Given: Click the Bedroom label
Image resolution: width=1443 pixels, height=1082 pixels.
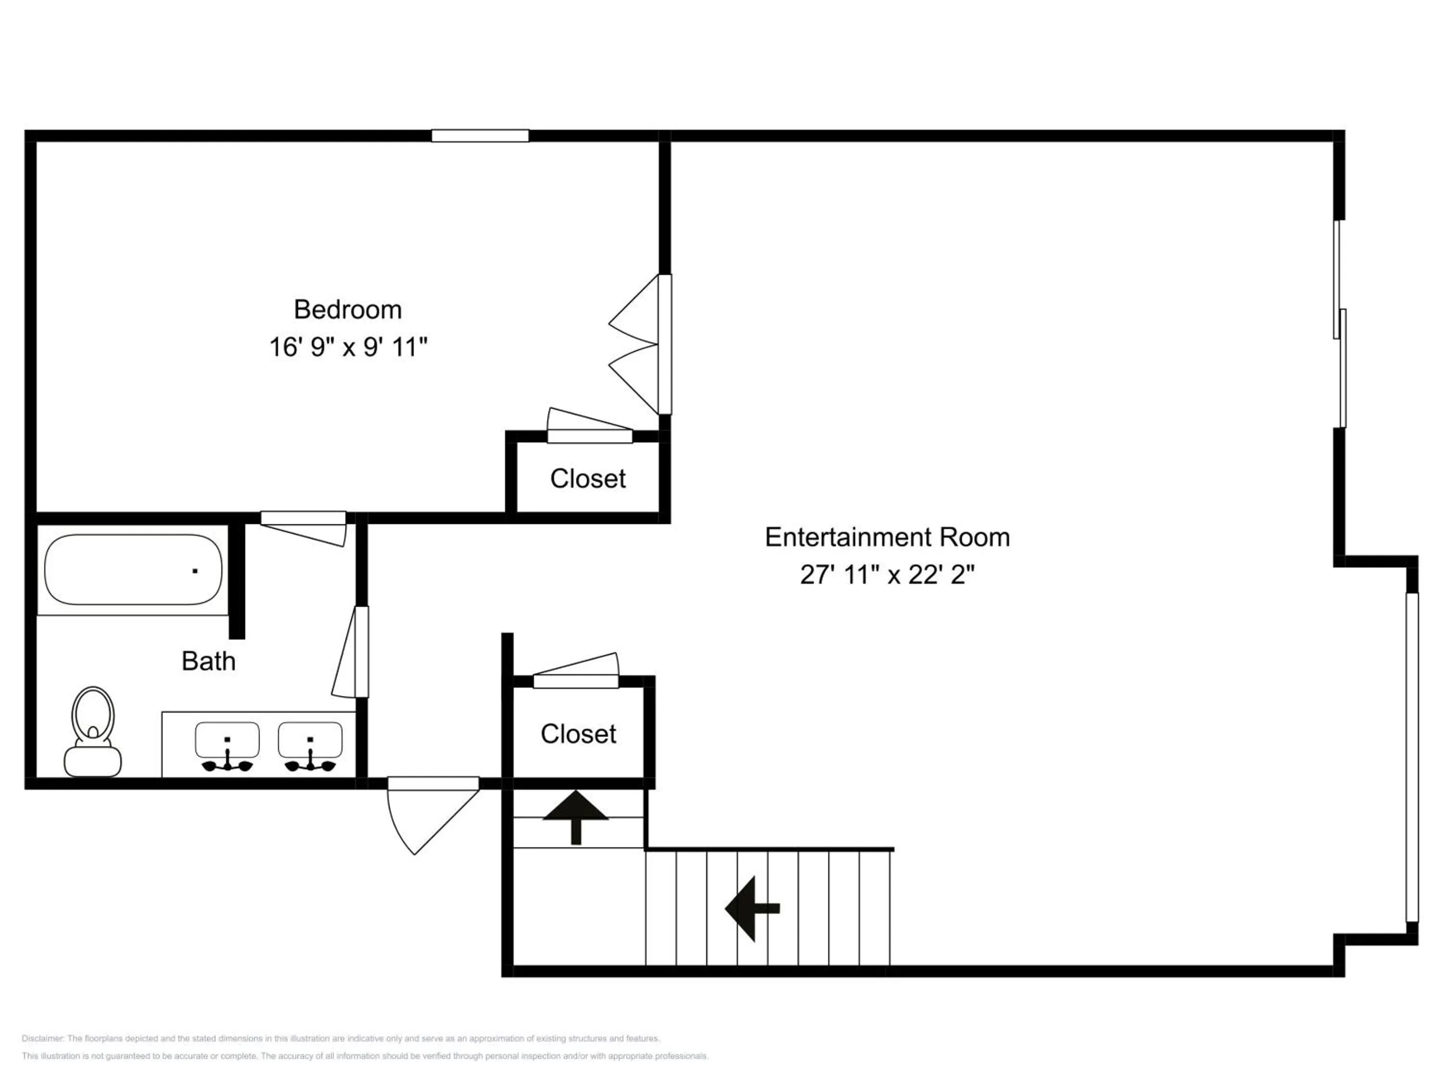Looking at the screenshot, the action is (348, 310).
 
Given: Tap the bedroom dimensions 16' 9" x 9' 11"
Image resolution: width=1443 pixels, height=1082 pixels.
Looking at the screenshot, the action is (348, 347).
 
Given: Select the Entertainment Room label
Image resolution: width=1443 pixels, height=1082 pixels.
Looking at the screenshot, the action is (887, 538).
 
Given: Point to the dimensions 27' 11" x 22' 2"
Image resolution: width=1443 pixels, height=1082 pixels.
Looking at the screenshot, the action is (887, 575).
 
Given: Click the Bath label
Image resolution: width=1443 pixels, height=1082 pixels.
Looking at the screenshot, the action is (208, 661).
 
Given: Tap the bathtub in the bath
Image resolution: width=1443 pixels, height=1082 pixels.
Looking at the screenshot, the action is (133, 570).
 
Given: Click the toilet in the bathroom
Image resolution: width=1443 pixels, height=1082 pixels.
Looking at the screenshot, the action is (93, 732).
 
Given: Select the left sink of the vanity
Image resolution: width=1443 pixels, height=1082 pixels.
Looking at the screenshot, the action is (227, 747).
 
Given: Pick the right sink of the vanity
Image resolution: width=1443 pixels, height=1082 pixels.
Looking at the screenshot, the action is (310, 747).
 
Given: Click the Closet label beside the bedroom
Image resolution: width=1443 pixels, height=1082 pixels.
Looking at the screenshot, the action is (588, 478).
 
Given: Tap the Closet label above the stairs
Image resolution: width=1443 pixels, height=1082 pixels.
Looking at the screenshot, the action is (578, 734).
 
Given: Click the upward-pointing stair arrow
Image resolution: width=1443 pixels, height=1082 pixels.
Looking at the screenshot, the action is (575, 817).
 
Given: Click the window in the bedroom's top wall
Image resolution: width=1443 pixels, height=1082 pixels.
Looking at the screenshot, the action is (480, 136).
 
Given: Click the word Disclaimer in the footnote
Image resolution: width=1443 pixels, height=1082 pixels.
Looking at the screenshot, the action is (43, 1039).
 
